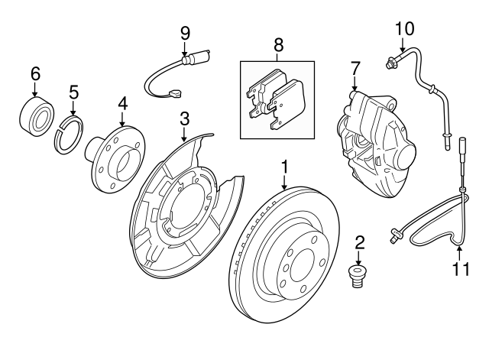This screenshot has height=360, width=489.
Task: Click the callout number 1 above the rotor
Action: coord(284,166)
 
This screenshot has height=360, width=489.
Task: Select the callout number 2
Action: coord(360,244)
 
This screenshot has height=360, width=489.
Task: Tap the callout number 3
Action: coord(184,118)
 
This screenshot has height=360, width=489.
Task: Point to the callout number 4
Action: coord(122,103)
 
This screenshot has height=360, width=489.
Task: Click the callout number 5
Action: coord(74,92)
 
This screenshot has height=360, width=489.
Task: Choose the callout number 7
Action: coord(354,70)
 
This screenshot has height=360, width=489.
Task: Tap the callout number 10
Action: coord(404,29)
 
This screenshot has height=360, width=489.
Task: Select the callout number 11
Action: coord(458,268)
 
